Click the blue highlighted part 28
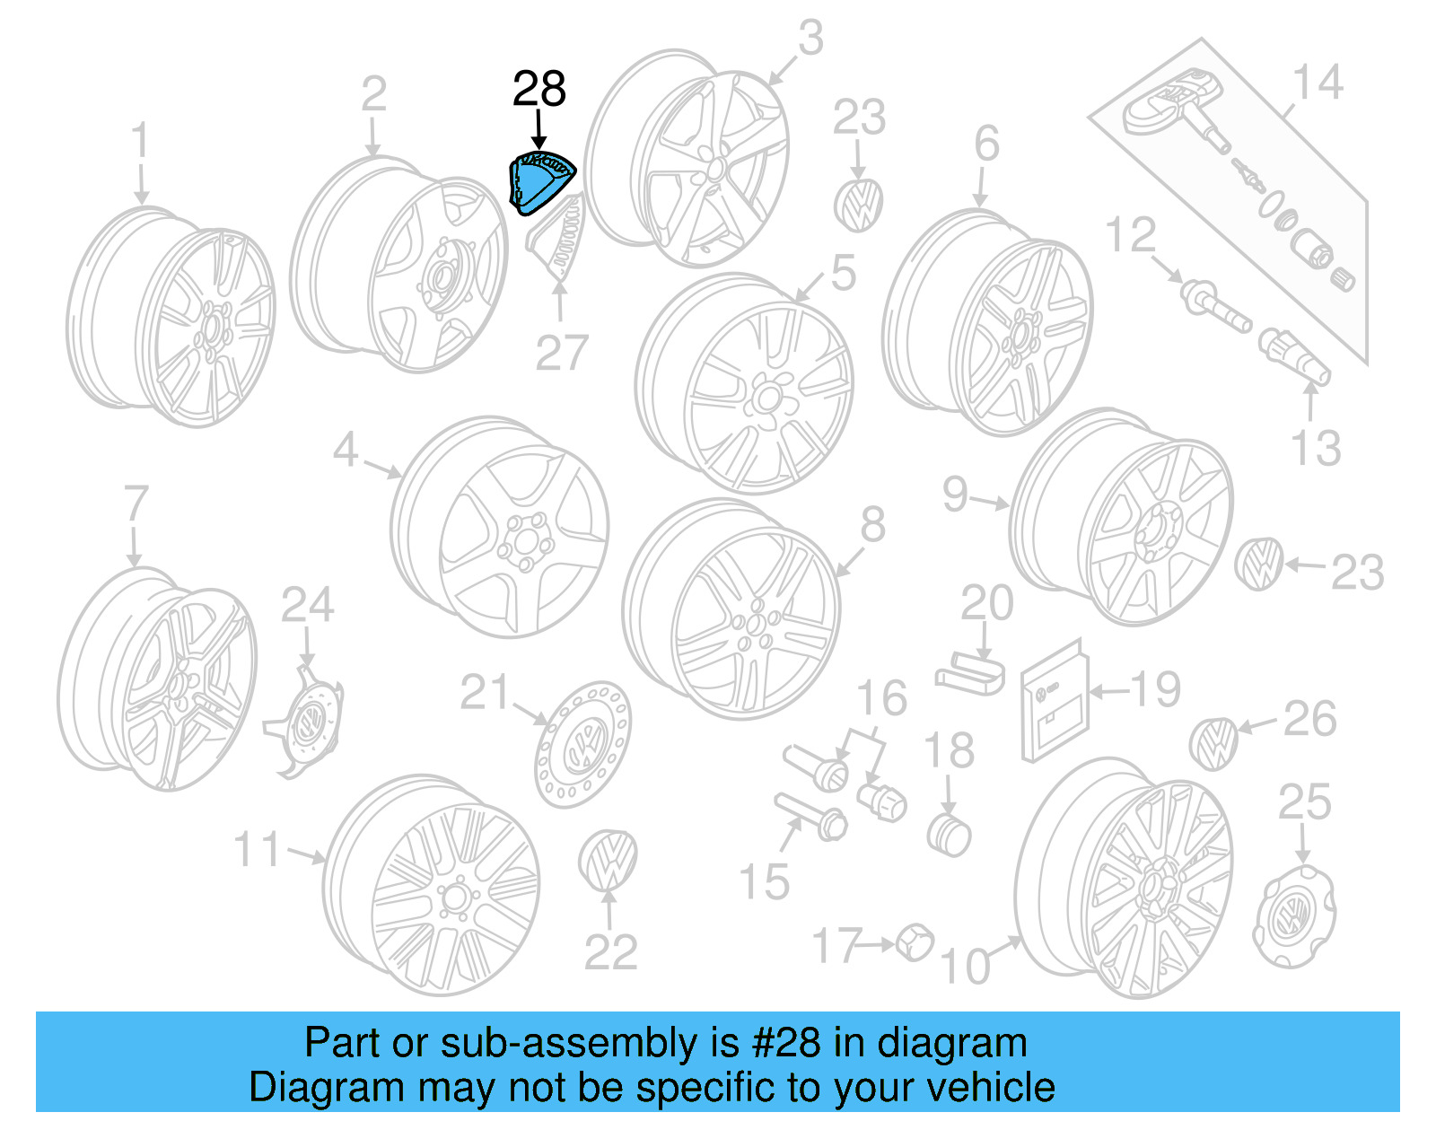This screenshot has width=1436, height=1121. [x=541, y=183]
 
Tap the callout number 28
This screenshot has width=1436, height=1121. [x=538, y=89]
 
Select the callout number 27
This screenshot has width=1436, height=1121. [x=562, y=353]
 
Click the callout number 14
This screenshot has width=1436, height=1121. [x=1317, y=83]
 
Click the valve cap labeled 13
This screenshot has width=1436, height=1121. [x=1292, y=356]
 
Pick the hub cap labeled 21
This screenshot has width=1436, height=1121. [x=583, y=744]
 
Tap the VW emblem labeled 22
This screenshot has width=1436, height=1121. [x=609, y=860]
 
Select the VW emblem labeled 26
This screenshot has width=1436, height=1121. [x=1213, y=744]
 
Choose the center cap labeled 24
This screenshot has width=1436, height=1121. [x=307, y=723]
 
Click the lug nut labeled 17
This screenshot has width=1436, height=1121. [x=915, y=941]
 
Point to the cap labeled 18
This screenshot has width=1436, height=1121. [x=949, y=835]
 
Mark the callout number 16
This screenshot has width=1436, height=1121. [x=881, y=698]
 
